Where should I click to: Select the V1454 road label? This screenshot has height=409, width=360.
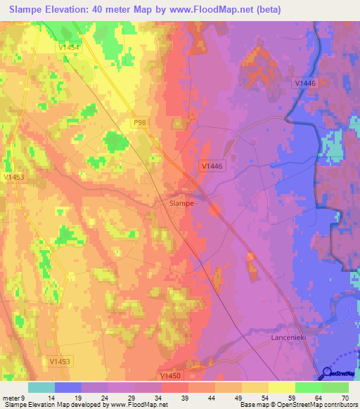pyautogui.click(x=69, y=46)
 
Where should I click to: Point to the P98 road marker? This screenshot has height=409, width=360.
pyautogui.click(x=140, y=123)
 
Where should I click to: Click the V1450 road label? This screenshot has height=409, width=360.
pyautogui.click(x=170, y=376)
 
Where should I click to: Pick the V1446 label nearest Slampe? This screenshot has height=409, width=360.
pyautogui.click(x=211, y=167)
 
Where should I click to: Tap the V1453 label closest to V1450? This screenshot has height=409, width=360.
pyautogui.click(x=60, y=361)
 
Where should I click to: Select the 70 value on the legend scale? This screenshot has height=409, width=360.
pyautogui.click(x=345, y=397)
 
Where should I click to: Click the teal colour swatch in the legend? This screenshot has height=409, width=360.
pyautogui.click(x=41, y=387)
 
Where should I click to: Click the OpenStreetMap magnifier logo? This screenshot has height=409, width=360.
pyautogui.click(x=327, y=373)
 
